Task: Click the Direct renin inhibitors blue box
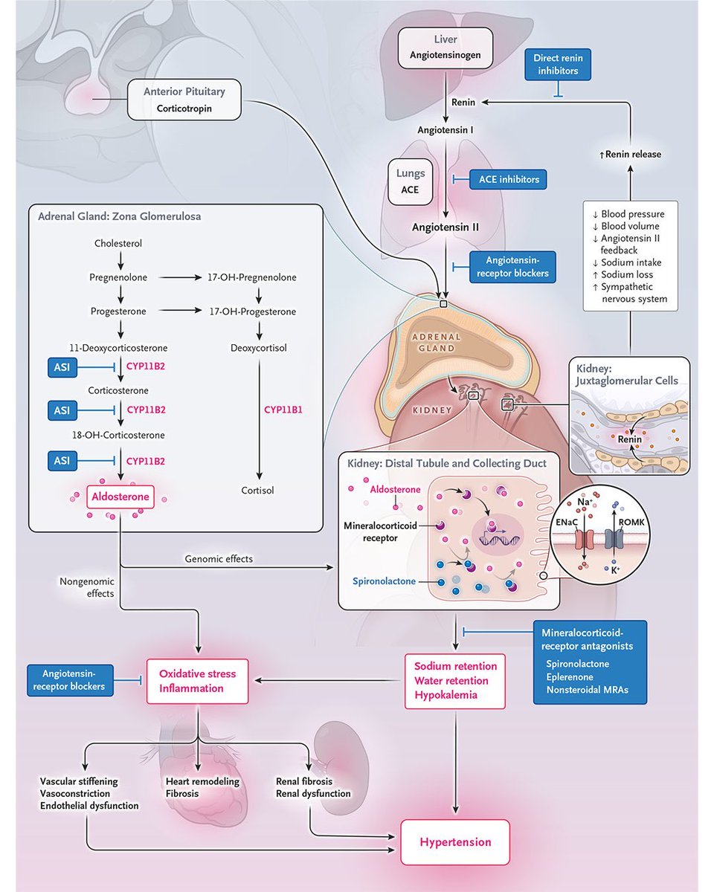pos(562,65)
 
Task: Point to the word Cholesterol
pos(118,243)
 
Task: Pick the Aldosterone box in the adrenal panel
pos(120,497)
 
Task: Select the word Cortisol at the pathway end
pos(257,491)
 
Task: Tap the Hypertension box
pos(455,842)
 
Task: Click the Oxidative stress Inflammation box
pos(197,681)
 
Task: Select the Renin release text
pos(630,154)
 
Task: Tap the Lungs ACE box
pos(410,181)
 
